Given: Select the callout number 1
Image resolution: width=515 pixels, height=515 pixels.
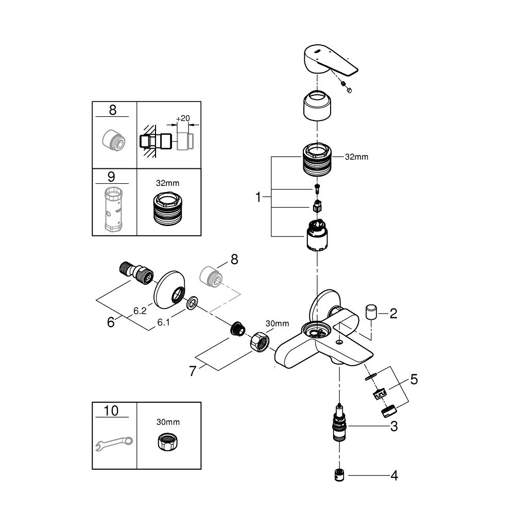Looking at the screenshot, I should tap(261, 197).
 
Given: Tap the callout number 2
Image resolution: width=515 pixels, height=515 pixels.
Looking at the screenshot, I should tap(393, 313).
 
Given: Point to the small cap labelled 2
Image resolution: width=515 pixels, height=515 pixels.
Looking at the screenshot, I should tap(370, 312).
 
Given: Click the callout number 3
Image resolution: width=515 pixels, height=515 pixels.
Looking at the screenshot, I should tap(393, 426).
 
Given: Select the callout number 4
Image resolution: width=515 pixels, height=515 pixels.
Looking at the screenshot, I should tap(393, 475).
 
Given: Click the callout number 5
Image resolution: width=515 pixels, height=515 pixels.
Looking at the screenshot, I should tap(414, 381).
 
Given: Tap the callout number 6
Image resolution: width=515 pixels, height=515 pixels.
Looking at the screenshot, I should tap(111, 322).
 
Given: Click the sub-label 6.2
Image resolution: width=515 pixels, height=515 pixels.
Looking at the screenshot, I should tap(140, 311).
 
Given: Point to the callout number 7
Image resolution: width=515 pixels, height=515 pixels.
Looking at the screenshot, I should tap(193, 371).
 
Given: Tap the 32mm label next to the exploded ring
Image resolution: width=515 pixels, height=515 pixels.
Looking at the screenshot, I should tap(357, 157).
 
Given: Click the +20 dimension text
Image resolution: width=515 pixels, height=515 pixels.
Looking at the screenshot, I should tap(183, 118).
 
